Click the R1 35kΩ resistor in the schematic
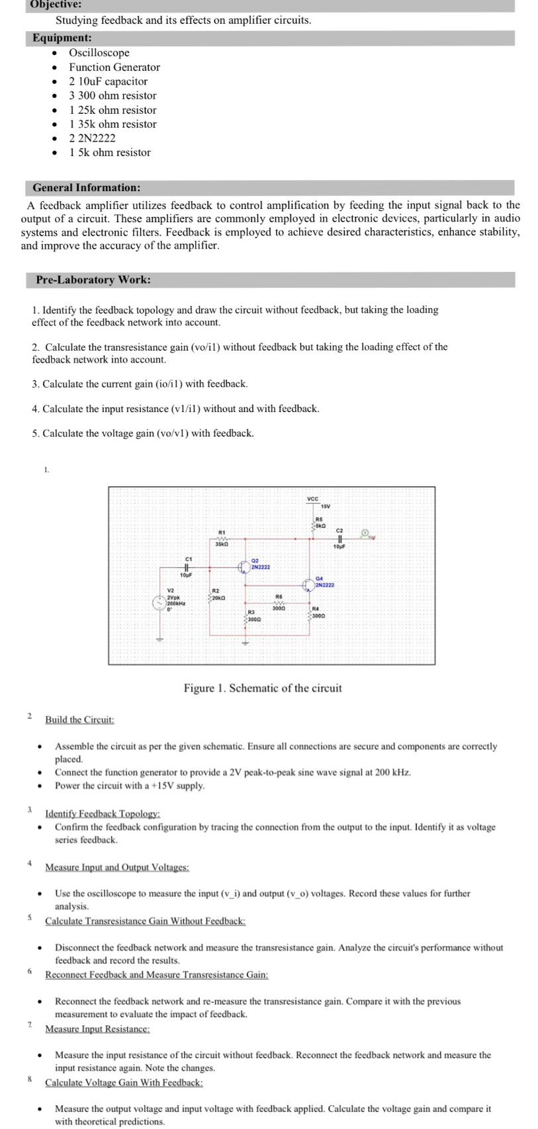click(222, 539)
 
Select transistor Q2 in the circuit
click(244, 567)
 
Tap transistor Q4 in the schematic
click(308, 585)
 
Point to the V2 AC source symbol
click(159, 603)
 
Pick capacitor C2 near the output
click(339, 538)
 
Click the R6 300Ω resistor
click(279, 603)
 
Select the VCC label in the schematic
click(312, 498)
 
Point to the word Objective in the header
click(55, 4)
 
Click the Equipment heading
click(62, 38)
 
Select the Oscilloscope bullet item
click(99, 53)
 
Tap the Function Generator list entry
click(114, 67)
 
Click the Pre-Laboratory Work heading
click(93, 280)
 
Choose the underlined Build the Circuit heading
click(79, 720)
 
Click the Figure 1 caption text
click(263, 688)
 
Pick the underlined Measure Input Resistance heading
click(97, 1028)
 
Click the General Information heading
click(87, 188)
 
